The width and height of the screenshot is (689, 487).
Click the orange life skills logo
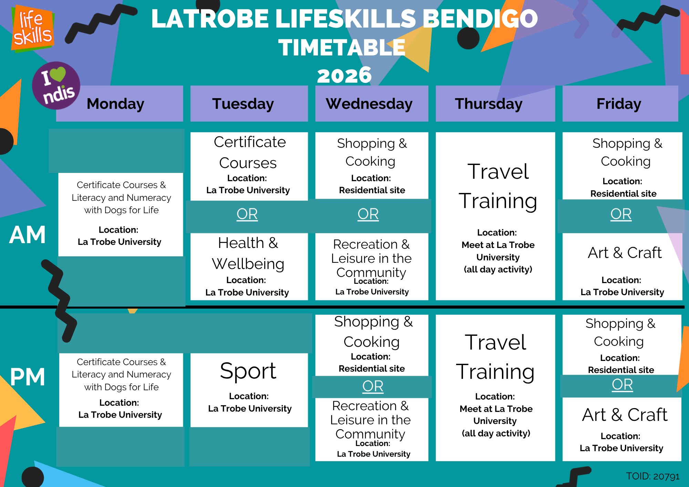coord(33,29)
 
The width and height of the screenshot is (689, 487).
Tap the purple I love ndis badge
coord(56,86)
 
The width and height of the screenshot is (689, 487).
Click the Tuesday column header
coord(249,104)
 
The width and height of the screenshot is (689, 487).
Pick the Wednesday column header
coord(372,104)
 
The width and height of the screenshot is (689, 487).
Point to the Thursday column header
coord(495,104)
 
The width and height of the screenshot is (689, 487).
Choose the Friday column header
coord(620,104)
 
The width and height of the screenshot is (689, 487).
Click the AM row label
coord(28,235)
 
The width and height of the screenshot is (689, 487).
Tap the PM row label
coord(28,377)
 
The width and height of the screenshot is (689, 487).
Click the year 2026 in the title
coord(344,75)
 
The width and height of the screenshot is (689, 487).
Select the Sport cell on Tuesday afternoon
coord(249,390)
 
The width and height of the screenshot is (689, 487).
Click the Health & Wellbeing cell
coord(249,267)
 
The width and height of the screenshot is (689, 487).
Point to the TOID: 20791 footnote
coord(652,476)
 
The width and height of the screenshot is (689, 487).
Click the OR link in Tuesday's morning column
coord(247,214)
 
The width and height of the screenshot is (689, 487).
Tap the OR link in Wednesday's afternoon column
coord(373,386)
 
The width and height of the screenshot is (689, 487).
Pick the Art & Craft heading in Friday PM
coord(625,415)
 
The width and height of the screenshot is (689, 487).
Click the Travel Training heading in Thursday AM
coord(498,186)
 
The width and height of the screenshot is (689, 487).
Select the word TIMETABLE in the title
coord(342,48)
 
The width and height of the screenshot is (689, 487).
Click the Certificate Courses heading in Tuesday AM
coord(249,152)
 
